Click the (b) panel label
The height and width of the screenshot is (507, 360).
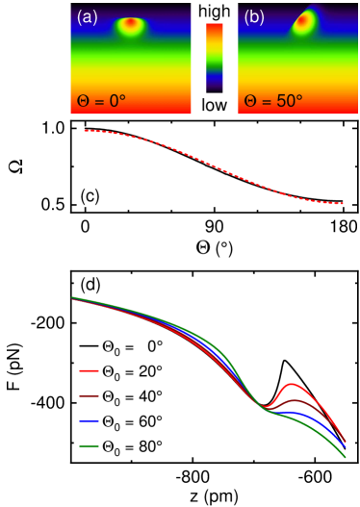coord(254,16)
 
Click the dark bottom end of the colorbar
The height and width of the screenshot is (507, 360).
coord(215,89)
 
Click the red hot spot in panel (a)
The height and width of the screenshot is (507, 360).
coord(131,25)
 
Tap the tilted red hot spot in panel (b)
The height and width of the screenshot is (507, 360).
coord(304,24)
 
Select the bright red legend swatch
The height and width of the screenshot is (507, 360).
coord(89,370)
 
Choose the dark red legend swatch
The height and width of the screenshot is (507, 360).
coord(89,395)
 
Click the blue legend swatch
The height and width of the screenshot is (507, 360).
coord(89,420)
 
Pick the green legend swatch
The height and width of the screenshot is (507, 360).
coord(89,445)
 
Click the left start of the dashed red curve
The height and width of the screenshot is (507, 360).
coord(85,130)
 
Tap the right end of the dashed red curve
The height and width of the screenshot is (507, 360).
coord(344,203)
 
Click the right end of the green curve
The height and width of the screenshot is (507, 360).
coord(346,457)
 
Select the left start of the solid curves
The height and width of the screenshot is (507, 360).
coord(72,297)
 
